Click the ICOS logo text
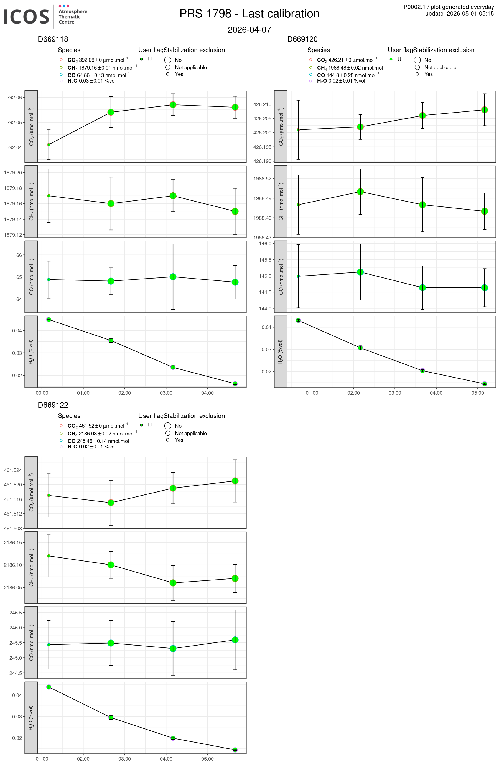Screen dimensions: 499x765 26,17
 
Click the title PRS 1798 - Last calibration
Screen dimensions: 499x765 249,14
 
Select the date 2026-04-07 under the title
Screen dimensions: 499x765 249,30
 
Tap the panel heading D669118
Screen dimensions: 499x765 53,39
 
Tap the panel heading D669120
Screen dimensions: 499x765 302,39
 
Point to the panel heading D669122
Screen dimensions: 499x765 53,405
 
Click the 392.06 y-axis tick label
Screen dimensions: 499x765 14,97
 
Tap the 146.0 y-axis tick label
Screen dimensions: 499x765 265,244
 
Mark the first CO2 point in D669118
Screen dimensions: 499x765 49,145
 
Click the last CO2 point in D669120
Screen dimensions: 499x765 485,110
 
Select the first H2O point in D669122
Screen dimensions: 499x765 49,687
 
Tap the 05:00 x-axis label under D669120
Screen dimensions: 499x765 477,393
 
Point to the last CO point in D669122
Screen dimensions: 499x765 235,640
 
